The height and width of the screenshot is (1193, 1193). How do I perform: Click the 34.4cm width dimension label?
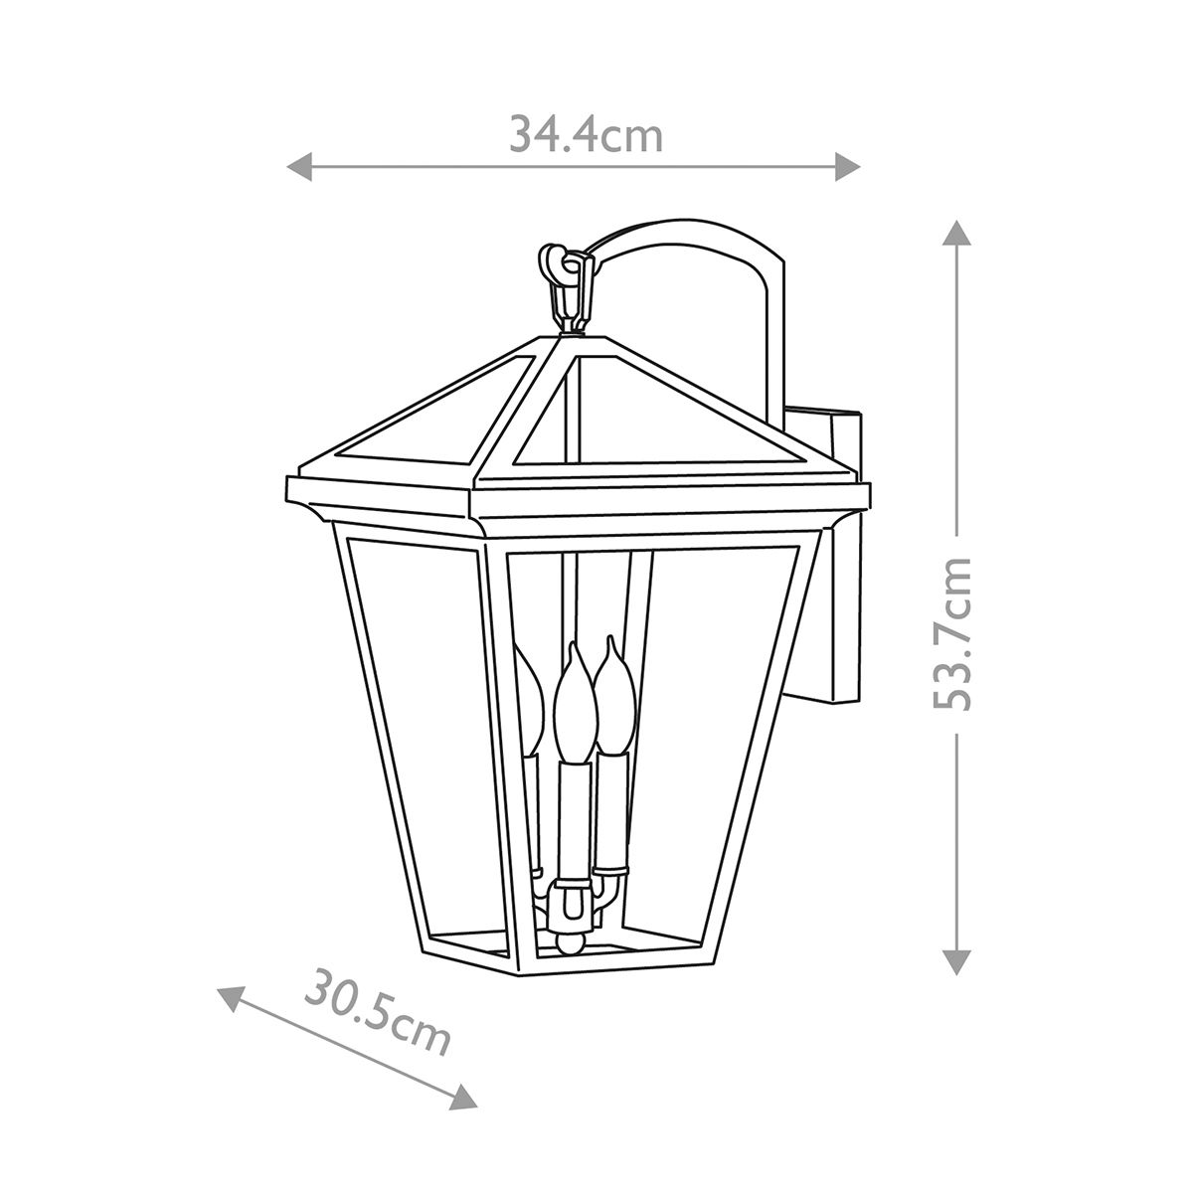(x=586, y=134)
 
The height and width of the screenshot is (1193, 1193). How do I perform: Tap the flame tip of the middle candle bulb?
(x=574, y=656)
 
